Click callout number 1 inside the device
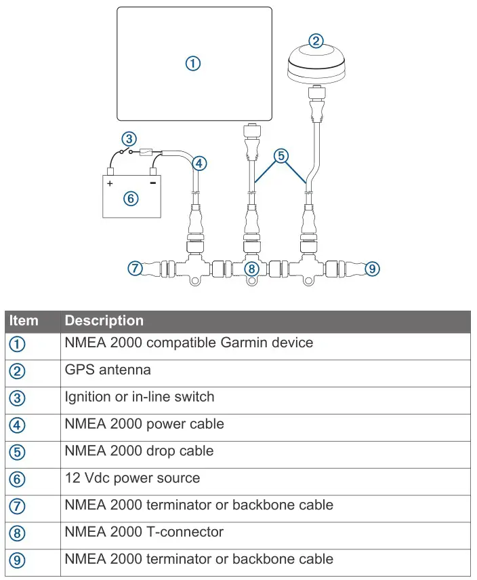click(193, 64)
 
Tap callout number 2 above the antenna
click(316, 41)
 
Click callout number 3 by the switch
click(129, 138)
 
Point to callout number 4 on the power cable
click(199, 163)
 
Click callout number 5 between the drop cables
click(281, 155)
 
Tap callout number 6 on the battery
click(131, 198)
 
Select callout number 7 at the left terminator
click(136, 269)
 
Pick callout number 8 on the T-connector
click(251, 269)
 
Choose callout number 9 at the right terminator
click(371, 269)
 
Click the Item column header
click(24, 321)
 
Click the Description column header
click(104, 321)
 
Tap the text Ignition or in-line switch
click(140, 397)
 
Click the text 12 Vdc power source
click(132, 478)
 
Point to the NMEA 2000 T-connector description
click(144, 532)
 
